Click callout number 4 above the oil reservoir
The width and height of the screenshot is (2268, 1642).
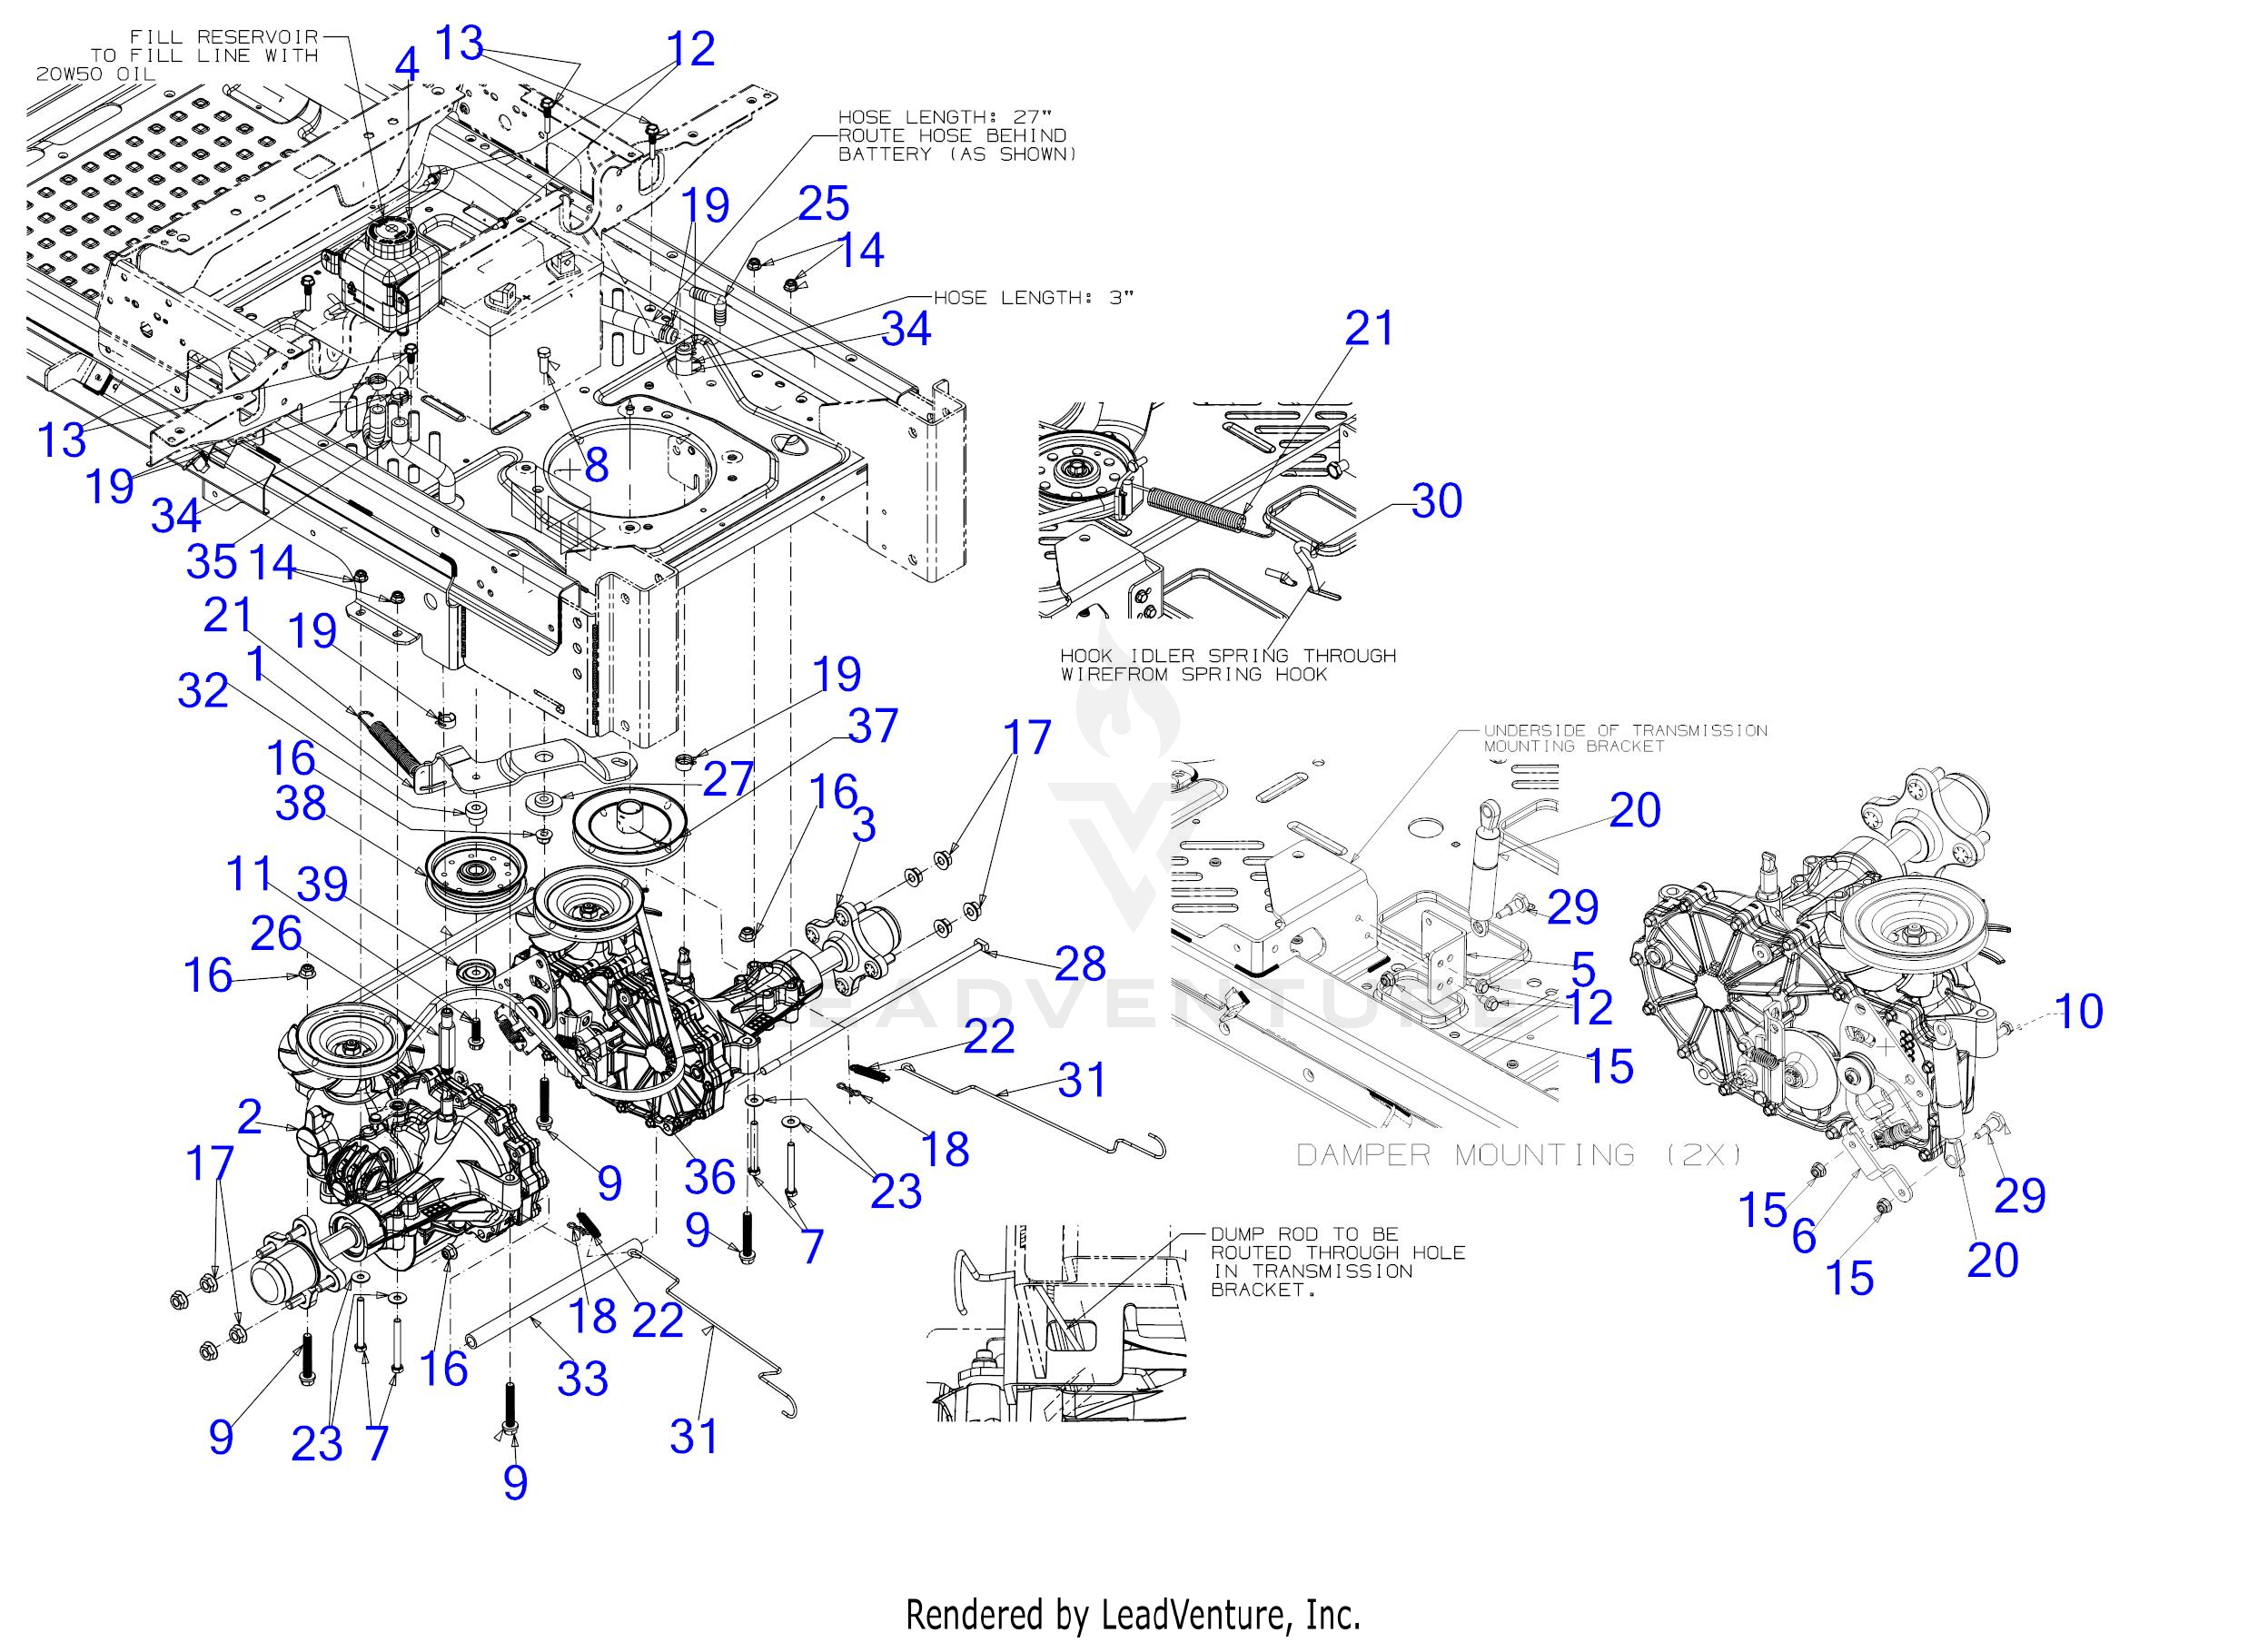click(407, 66)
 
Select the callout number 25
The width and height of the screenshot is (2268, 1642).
click(823, 203)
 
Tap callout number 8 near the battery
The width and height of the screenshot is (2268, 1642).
click(596, 465)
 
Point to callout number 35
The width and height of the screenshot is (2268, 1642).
click(211, 562)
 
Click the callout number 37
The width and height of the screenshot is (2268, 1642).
click(872, 726)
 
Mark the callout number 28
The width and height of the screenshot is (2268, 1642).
click(1080, 964)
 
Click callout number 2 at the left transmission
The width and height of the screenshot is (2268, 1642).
click(249, 1117)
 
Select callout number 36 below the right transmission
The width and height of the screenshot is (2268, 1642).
click(709, 1176)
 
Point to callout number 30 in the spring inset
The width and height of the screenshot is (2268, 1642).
click(1436, 500)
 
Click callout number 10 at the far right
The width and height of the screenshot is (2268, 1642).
click(2078, 1011)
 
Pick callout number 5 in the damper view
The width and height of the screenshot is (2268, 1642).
click(1583, 968)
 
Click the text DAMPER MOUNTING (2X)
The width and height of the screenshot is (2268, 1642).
click(1518, 1156)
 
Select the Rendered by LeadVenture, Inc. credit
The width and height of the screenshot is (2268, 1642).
click(1133, 1615)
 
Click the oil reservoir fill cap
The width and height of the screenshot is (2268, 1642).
click(384, 237)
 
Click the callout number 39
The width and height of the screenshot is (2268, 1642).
click(322, 884)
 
